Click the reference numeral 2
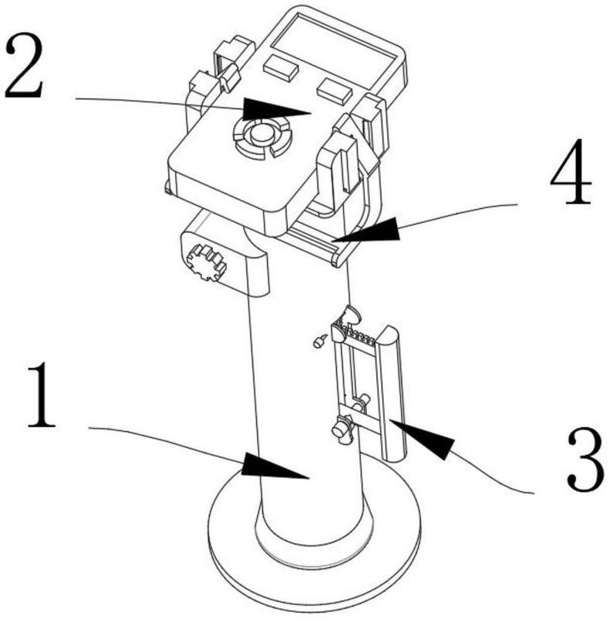(x=24, y=65)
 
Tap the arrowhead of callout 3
(x=422, y=439)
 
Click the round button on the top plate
(x=262, y=135)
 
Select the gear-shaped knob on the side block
(x=205, y=262)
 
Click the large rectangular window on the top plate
(x=334, y=49)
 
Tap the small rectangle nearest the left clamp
(x=281, y=66)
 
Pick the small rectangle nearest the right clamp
(x=334, y=91)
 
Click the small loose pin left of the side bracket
(x=319, y=340)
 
